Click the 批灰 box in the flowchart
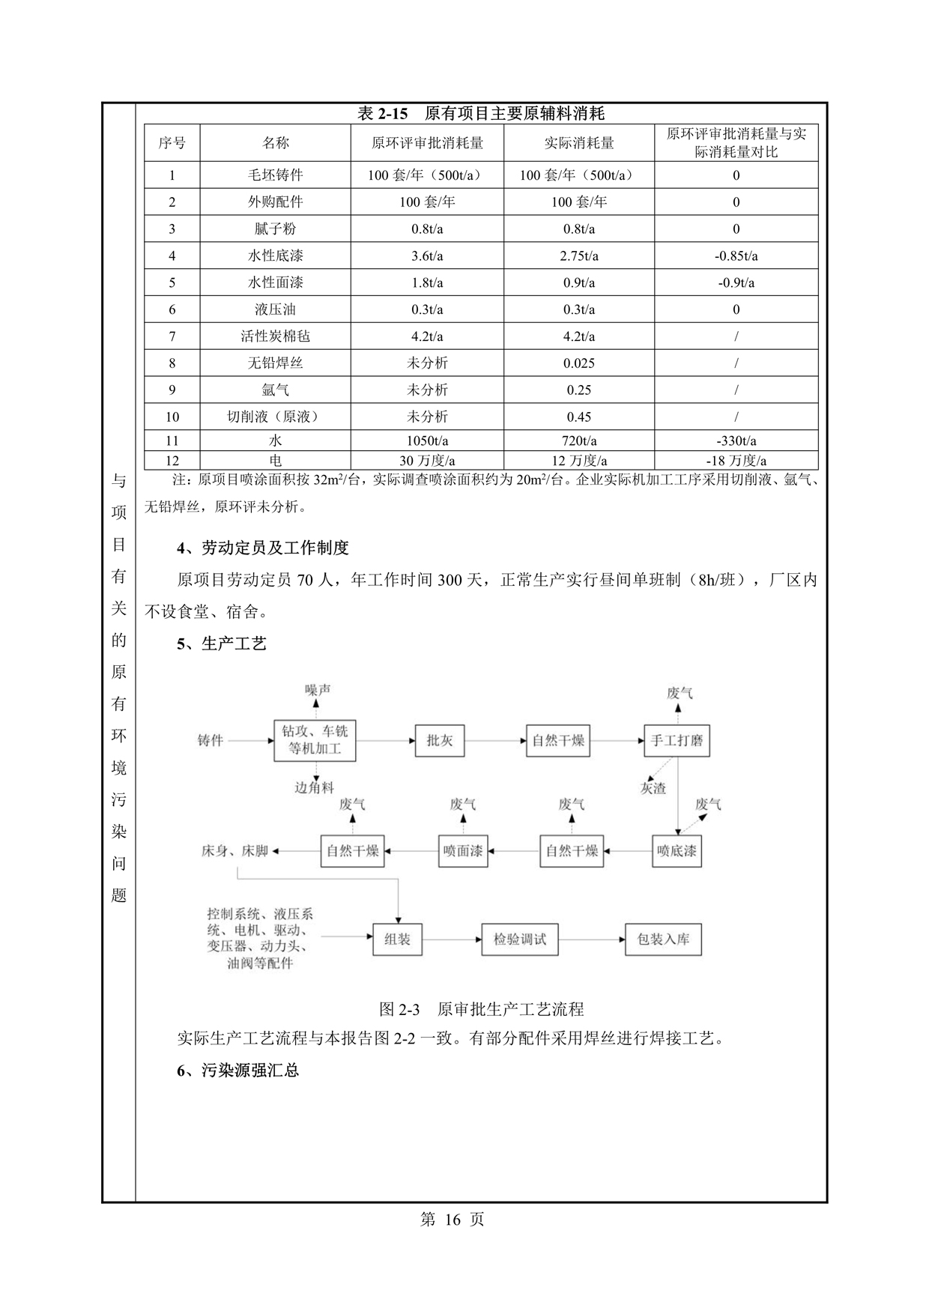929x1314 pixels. click(x=439, y=741)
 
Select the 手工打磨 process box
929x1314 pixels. click(x=677, y=741)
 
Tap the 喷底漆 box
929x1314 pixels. click(x=677, y=851)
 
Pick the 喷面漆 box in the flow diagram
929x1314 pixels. click(x=462, y=851)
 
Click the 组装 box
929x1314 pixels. click(x=397, y=939)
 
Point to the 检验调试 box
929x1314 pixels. click(x=519, y=939)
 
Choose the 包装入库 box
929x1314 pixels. click(x=663, y=939)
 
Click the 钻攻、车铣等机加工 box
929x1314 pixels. click(x=315, y=740)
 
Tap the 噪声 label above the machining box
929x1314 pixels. click(x=318, y=689)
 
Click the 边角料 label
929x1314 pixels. click(x=315, y=787)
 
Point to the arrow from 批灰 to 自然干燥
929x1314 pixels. click(x=494, y=741)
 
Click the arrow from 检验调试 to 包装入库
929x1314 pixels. click(x=592, y=939)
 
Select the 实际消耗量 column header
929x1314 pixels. click(x=578, y=142)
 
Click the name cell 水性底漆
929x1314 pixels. click(x=276, y=255)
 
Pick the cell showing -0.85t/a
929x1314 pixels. click(x=736, y=255)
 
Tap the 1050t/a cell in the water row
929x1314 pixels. click(x=427, y=440)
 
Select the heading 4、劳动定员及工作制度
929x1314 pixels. click(x=263, y=548)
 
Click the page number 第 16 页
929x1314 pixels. click(x=453, y=1219)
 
